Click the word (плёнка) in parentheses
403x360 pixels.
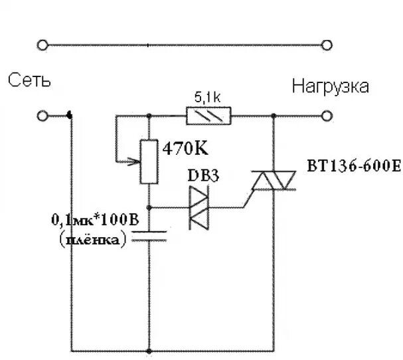[x=92, y=240]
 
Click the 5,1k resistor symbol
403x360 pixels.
[x=210, y=116]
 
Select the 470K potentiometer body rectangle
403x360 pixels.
[x=148, y=161]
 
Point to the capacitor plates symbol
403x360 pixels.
[x=148, y=235]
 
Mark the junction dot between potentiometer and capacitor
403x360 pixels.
[x=148, y=208]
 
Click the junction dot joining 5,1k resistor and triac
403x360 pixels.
[x=273, y=116]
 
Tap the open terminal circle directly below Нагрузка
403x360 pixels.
[x=325, y=116]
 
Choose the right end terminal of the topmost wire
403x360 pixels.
[x=325, y=45]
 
